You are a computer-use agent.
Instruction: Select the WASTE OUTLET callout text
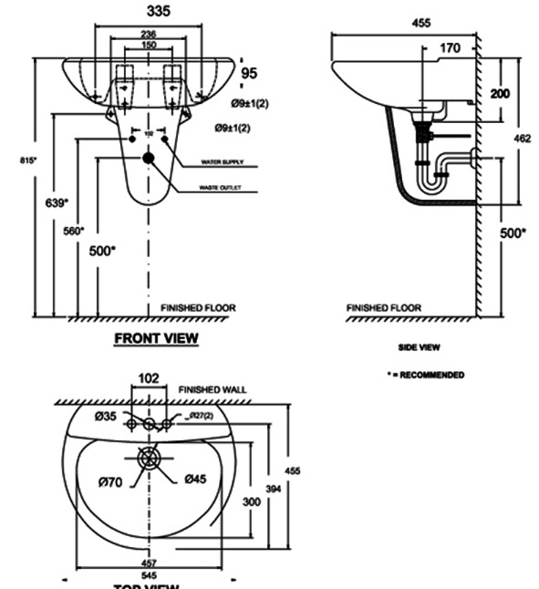point(229,189)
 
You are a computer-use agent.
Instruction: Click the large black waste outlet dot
point(149,158)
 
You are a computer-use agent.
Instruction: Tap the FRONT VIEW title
point(156,338)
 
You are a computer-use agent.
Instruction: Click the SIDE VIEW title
point(420,347)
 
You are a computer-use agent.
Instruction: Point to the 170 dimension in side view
point(450,47)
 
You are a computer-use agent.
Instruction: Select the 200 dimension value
point(500,94)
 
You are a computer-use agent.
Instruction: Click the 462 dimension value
point(522,139)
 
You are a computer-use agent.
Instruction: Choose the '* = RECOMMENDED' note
point(425,375)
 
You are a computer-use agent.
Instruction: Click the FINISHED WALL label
point(212,389)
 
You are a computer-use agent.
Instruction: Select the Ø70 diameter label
point(110,479)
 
